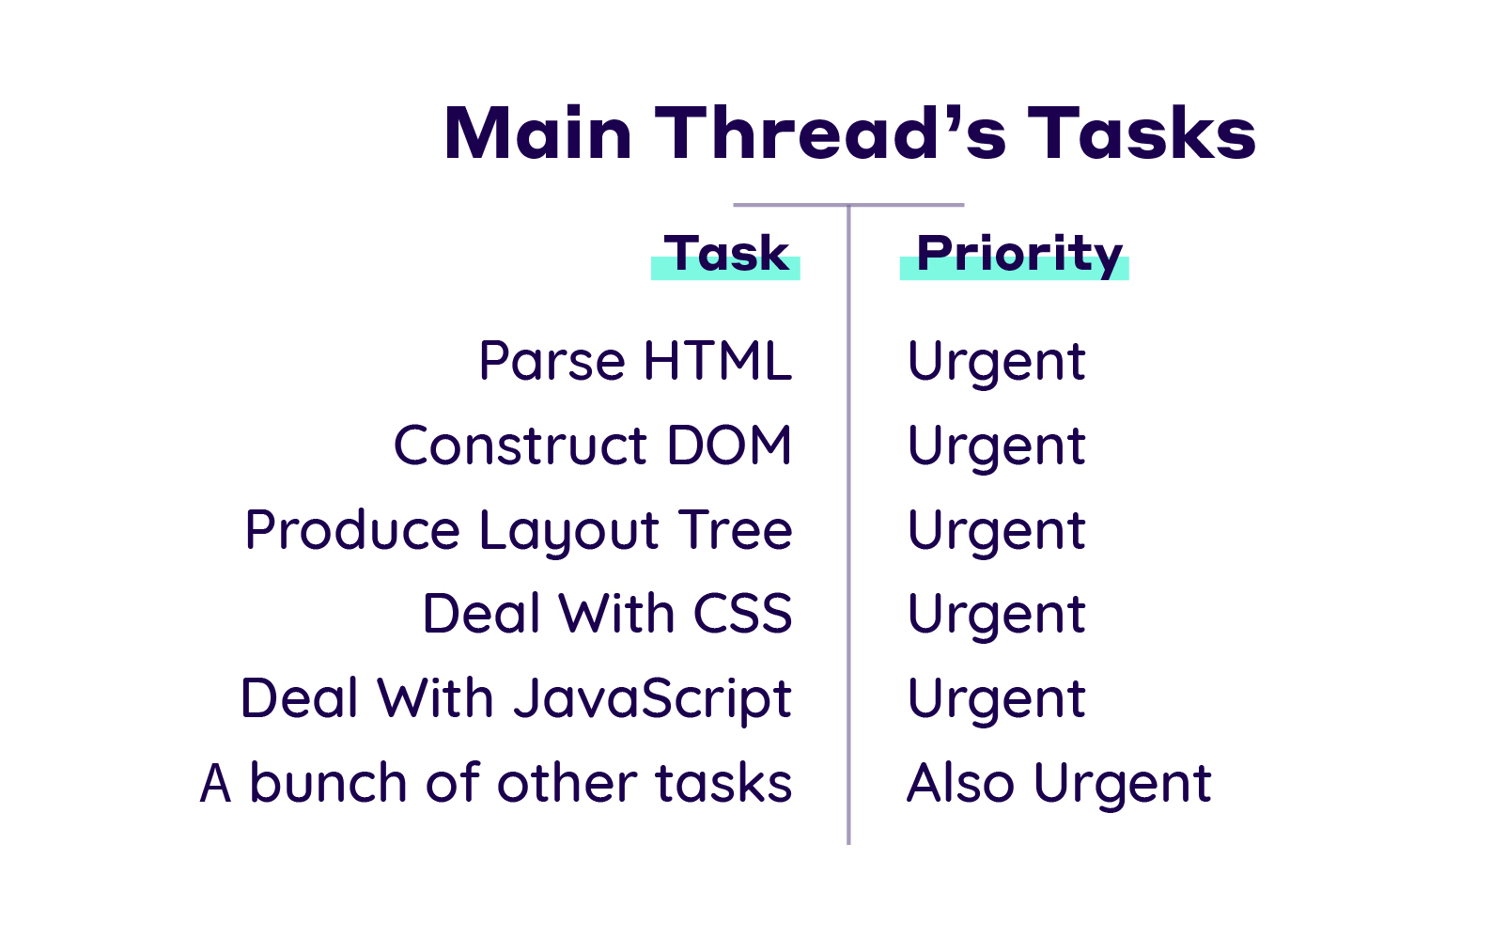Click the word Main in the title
point(537,133)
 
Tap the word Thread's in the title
point(831,133)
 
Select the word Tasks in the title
point(1142,133)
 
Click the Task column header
point(726,254)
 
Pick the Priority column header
point(1019,255)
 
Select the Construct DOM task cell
point(593,445)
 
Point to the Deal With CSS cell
point(608,613)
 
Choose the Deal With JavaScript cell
point(516,699)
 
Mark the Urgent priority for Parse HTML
point(997,363)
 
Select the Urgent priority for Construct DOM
point(997,447)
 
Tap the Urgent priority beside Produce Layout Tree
point(997,532)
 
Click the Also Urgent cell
point(1059,785)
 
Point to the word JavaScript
point(653,699)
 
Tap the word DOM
point(729,445)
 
